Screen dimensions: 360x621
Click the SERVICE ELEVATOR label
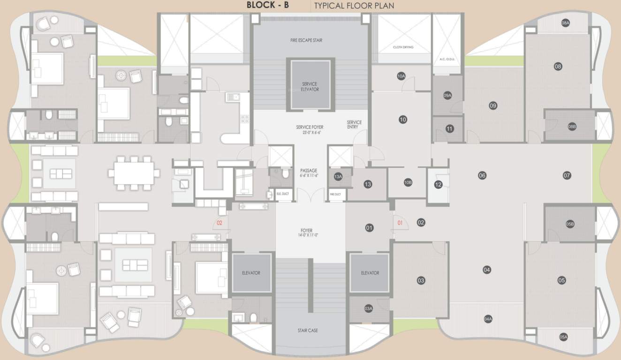pos(310,87)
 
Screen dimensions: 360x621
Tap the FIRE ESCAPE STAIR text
pos(306,40)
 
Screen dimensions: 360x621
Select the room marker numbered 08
pos(558,67)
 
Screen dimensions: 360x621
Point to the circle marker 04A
pos(488,319)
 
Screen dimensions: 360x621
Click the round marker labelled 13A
pos(338,177)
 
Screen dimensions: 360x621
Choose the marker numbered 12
pos(438,185)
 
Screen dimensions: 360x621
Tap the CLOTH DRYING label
pos(403,47)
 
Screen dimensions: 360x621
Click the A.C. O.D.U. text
pos(447,60)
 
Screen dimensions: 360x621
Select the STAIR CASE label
pos(308,330)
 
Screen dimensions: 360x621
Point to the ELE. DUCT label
pos(282,193)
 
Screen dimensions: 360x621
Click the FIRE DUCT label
pos(335,194)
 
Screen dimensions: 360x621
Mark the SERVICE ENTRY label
pos(354,125)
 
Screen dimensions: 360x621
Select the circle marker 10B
pos(408,182)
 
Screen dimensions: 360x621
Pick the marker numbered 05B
pos(570,224)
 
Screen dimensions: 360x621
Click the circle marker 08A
pos(565,23)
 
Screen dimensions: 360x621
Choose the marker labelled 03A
pos(368,308)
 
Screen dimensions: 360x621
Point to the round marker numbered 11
pos(449,128)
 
